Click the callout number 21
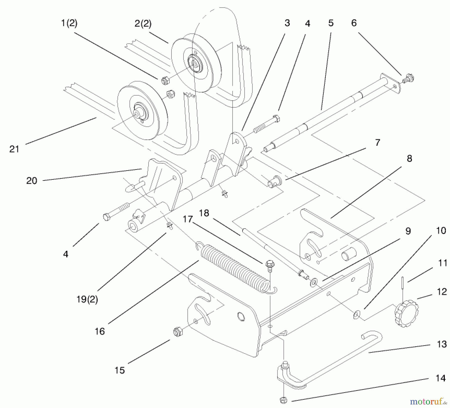coord(14,149)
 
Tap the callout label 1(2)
coord(69,23)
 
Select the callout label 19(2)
coord(87,299)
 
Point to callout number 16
coord(100,331)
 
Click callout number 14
coord(441,378)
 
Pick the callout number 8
coord(409,158)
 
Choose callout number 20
coord(32,181)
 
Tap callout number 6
coord(354,23)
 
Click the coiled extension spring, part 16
coord(236,268)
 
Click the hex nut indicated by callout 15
coord(177,332)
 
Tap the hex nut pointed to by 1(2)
coord(165,81)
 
